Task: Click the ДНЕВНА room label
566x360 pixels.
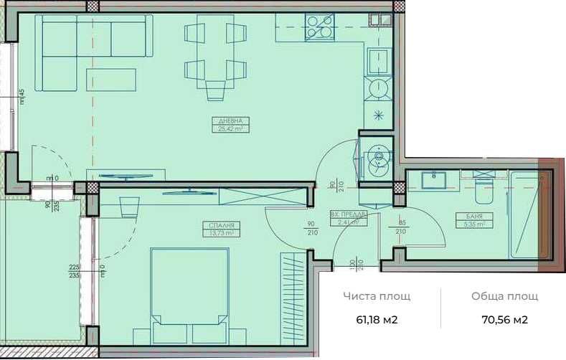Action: coord(230,121)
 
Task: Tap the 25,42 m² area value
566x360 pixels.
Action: coord(230,129)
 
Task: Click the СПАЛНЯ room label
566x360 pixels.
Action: coord(220,224)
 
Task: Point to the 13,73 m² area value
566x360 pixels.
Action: coord(220,232)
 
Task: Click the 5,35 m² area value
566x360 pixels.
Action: coord(473,224)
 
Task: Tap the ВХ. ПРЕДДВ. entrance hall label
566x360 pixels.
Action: coord(349,214)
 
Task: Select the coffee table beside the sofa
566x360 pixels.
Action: coord(111,80)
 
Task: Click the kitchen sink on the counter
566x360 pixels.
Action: coord(377,60)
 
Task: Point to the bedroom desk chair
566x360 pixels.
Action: coord(129,207)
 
